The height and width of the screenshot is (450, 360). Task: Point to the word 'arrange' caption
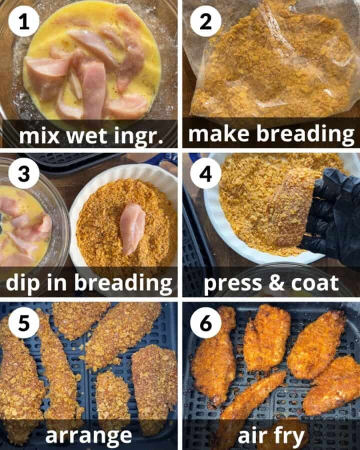point(88,435)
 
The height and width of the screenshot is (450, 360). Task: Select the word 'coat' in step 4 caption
point(315,283)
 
